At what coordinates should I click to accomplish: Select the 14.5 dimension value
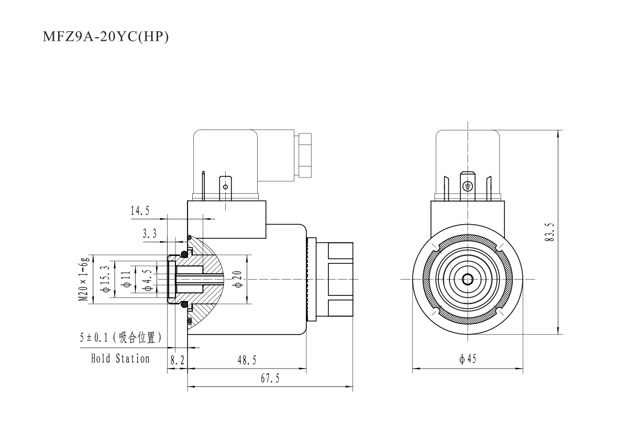140,211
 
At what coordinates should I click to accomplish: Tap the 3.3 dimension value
150,235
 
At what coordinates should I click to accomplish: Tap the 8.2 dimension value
177,361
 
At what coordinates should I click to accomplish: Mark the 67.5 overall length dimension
270,380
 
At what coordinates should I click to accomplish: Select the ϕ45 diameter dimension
468,360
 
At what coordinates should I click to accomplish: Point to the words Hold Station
120,359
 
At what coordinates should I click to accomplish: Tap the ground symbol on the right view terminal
469,186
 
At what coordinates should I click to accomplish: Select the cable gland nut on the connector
303,156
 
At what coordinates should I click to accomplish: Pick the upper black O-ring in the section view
184,254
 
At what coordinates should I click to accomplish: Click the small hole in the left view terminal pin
226,186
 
